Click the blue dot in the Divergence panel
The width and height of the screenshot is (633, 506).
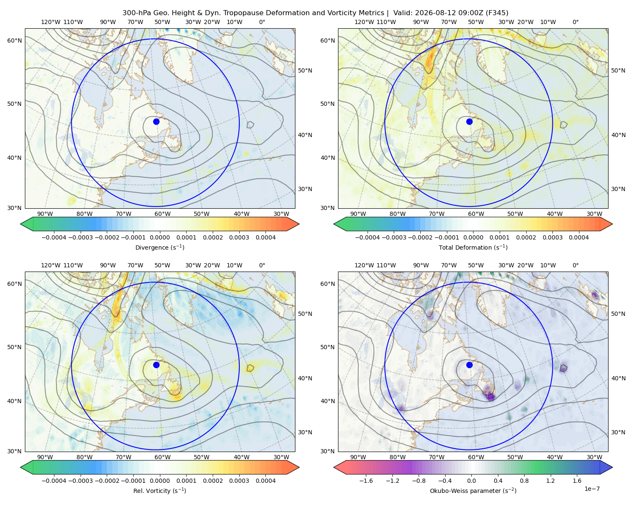[x=156, y=121]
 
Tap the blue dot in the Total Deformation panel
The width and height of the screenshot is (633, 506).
[x=469, y=121]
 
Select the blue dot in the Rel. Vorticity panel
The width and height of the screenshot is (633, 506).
[x=156, y=365]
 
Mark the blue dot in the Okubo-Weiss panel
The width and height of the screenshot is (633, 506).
[x=469, y=365]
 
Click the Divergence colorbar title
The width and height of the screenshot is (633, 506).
[x=160, y=247]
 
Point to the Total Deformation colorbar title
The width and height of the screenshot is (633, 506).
[x=473, y=247]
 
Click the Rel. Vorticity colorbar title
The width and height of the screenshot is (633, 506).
[x=160, y=490]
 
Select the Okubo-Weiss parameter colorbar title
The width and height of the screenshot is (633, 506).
[x=473, y=490]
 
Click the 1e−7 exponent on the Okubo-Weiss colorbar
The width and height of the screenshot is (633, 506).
[x=592, y=489]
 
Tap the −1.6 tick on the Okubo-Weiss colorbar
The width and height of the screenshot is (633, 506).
[x=366, y=481]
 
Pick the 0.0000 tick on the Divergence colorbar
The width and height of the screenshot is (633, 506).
[x=160, y=237]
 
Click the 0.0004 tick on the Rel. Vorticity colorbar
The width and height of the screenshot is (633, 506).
[x=265, y=481]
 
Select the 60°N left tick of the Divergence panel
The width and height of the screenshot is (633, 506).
[x=14, y=40]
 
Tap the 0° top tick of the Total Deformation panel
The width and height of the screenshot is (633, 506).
[x=575, y=22]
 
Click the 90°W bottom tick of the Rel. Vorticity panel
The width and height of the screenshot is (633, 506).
[x=45, y=457]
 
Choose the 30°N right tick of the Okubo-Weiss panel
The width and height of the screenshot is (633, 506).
[x=618, y=432]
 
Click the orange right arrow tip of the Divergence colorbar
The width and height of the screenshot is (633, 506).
[x=299, y=224]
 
